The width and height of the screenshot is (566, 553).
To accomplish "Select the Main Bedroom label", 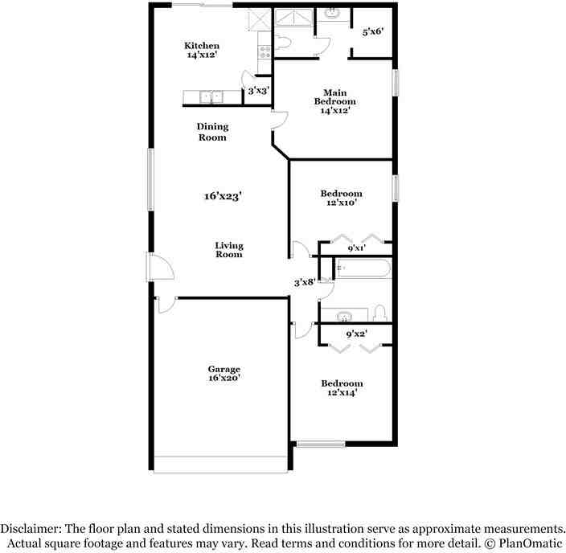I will click(334, 101).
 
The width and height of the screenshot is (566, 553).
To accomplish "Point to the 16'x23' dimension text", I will click(223, 195).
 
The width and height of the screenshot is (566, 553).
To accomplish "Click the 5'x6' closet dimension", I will click(372, 31).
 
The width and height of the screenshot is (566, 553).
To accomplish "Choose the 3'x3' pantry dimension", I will click(257, 91).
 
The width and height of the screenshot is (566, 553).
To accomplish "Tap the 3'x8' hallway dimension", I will click(304, 282).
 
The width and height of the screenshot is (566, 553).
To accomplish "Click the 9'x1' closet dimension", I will click(356, 248).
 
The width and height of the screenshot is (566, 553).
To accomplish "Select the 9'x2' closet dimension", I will click(356, 334).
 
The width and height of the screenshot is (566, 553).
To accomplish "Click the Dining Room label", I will click(212, 132).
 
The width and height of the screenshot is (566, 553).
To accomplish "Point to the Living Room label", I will click(228, 250).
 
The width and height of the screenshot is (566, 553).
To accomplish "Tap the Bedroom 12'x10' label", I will click(341, 199).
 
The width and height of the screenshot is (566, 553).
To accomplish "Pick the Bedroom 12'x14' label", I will click(341, 388).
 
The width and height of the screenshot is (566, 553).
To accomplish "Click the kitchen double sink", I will click(211, 98).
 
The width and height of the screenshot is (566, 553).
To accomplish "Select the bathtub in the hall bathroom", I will click(363, 268).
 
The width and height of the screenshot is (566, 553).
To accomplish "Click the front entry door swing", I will click(157, 268).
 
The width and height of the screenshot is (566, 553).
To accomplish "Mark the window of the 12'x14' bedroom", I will click(321, 444).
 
